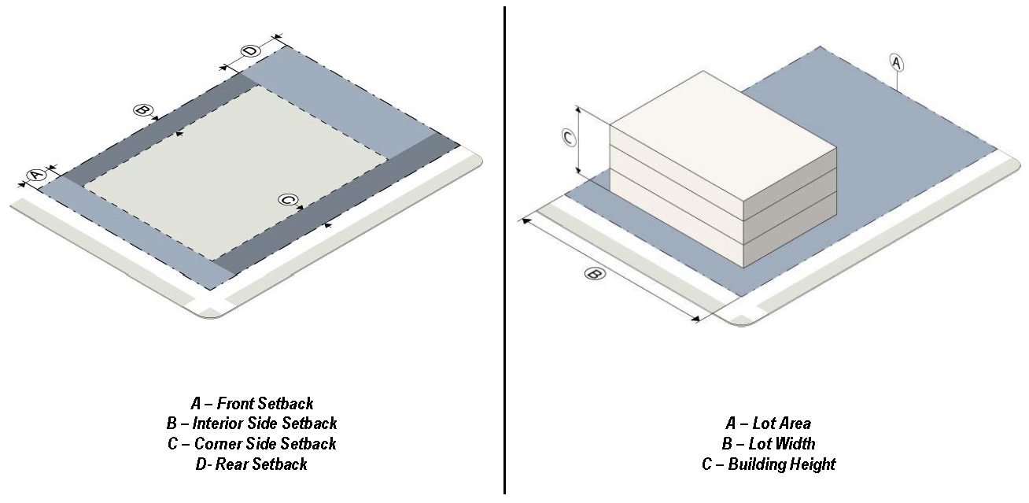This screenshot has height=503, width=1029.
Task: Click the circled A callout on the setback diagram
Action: pos(36,176)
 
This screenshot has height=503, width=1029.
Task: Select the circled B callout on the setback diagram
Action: pos(142,110)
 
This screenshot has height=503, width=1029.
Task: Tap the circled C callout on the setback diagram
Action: pos(288,199)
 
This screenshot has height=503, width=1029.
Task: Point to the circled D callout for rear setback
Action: pos(250,50)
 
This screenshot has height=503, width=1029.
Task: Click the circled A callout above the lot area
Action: pos(896,62)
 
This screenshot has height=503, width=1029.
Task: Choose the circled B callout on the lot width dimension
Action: pos(595,274)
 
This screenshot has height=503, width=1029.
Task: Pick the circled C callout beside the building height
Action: pos(569,138)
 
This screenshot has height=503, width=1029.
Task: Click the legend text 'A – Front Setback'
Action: pos(252,404)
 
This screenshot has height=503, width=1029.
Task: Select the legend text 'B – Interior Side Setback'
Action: pos(252,423)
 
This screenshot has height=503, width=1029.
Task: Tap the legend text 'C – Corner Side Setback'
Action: pos(252,444)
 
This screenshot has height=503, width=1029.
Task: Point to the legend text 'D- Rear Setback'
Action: pos(252,464)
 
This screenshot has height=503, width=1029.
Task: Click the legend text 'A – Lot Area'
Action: pos(768,423)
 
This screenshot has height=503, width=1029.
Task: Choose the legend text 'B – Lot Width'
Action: pos(768,444)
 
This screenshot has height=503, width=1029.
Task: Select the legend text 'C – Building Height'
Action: pos(768,464)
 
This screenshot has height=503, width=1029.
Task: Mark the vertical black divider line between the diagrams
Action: pos(504,250)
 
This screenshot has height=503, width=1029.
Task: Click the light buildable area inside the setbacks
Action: pos(236,172)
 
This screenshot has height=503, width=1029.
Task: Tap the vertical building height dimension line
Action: pos(579,141)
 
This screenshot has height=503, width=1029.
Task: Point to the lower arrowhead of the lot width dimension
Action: pos(695,318)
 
